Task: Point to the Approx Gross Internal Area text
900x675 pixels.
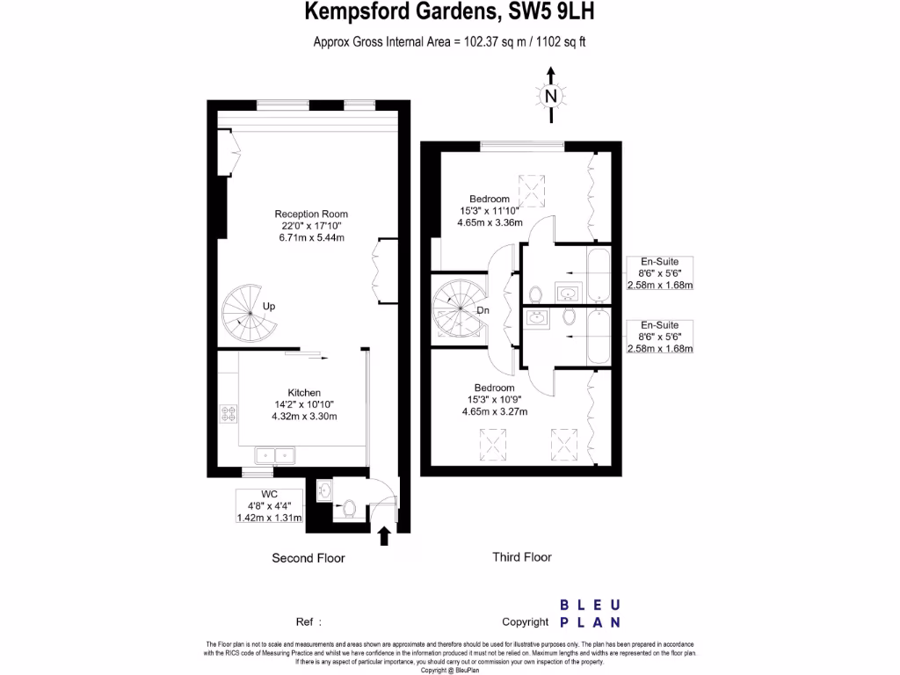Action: point(449,41)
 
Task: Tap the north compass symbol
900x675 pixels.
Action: point(551,95)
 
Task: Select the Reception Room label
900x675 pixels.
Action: point(311,226)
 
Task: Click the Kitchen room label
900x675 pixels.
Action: point(304,404)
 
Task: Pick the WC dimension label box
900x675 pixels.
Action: point(270,505)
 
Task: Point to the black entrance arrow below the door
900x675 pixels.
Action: point(384,535)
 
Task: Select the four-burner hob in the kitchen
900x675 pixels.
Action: point(228,414)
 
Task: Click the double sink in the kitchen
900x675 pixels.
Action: point(276,455)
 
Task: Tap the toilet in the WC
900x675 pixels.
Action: point(349,507)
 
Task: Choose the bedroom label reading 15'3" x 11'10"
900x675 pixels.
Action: point(490,211)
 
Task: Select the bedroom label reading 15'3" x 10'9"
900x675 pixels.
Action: point(494,399)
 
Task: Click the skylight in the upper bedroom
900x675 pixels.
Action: point(532,188)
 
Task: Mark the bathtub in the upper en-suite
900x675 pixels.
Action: point(598,274)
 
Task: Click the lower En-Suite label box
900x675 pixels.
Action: point(659,337)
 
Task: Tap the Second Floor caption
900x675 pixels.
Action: point(308,558)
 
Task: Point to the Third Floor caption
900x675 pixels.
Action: point(521,556)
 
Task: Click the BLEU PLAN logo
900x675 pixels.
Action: point(590,613)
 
